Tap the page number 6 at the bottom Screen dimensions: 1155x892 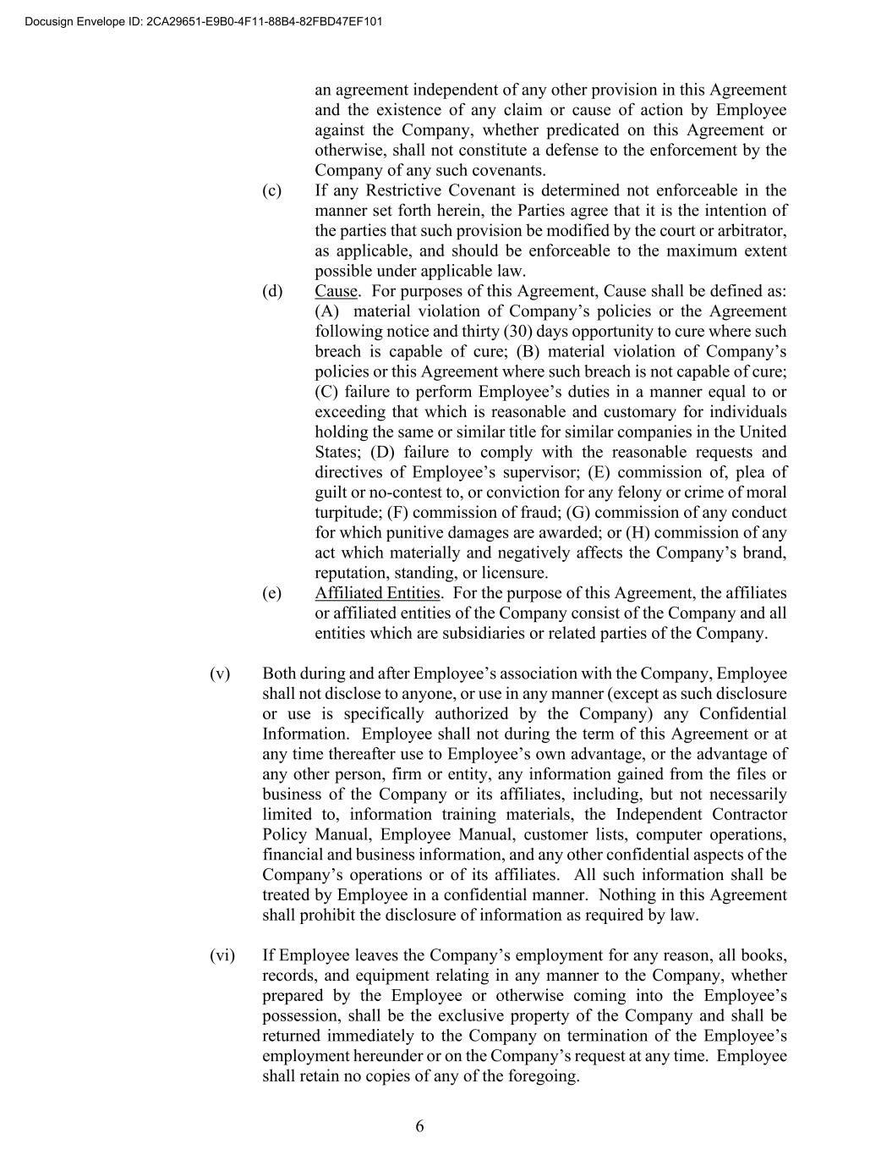420,1126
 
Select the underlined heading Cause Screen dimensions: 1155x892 336,291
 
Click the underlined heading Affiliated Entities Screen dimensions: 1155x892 377,592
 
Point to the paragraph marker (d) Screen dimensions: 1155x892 272,291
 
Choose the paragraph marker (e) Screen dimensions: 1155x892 272,592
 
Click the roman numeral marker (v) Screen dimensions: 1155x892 220,674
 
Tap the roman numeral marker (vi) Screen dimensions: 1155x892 222,955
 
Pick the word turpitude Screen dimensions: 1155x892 347,513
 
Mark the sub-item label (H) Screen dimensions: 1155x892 638,533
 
